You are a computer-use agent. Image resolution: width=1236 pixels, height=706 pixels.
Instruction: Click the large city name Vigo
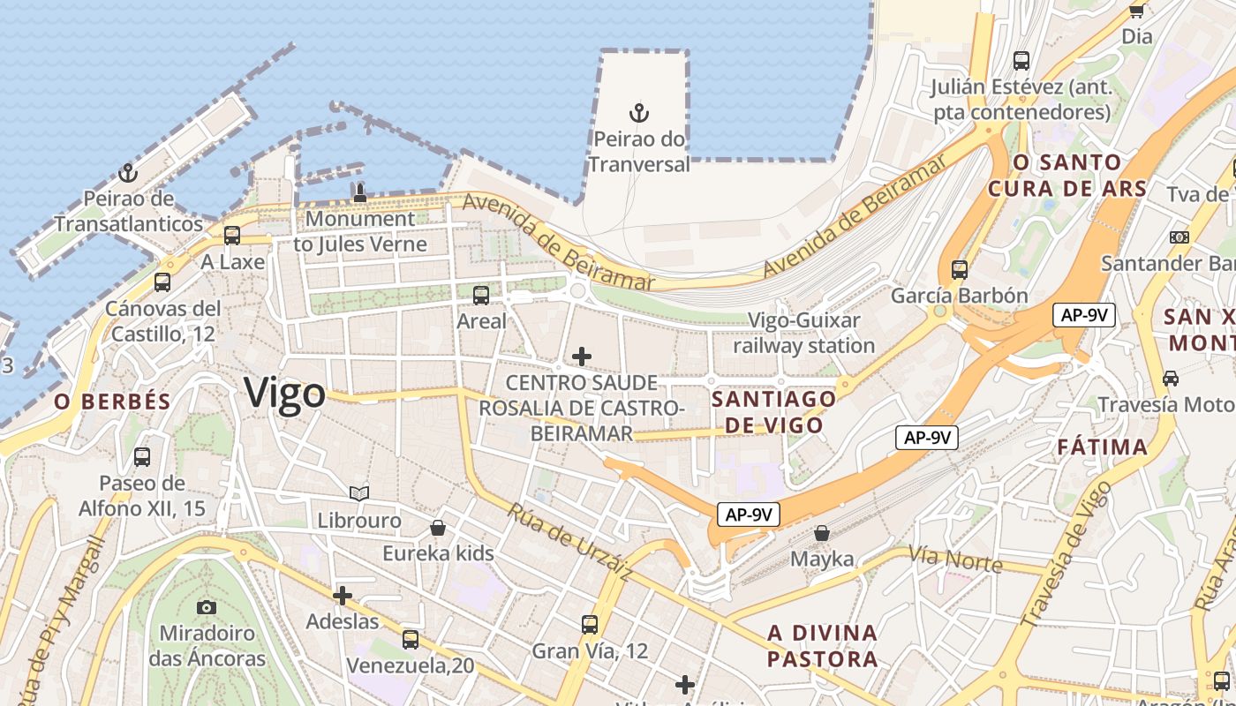point(285,393)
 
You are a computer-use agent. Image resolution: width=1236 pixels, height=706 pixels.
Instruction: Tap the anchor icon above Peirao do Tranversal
point(638,113)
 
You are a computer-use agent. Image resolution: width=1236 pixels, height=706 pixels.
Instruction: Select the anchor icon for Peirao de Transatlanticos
point(128,172)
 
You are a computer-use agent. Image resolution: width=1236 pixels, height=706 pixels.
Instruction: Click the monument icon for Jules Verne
point(359,192)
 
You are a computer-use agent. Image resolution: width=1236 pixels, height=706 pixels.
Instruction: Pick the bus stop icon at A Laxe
point(232,236)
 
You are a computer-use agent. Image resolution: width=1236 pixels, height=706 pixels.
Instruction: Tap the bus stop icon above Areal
point(481,296)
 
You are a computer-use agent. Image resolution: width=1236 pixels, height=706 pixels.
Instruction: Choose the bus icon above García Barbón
point(960,270)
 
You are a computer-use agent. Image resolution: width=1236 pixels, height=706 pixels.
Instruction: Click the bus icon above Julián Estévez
point(1021,61)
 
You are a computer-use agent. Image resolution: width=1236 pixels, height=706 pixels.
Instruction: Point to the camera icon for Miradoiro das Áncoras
point(206,607)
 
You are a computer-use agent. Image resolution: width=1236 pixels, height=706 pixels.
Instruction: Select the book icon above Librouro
point(358,493)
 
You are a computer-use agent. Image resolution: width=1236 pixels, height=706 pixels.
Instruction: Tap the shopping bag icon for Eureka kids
point(437,529)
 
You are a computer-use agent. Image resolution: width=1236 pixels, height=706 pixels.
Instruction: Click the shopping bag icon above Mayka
point(822,533)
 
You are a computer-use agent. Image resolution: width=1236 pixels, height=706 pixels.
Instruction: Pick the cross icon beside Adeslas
point(343,596)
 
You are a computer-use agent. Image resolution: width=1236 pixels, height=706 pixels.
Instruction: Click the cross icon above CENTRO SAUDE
point(581,357)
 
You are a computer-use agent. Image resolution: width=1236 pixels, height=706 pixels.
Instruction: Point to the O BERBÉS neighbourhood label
point(112,402)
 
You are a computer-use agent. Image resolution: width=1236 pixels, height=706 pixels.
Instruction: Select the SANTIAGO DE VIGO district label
point(773,411)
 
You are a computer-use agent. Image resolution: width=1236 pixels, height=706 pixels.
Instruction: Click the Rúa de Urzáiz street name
point(570,542)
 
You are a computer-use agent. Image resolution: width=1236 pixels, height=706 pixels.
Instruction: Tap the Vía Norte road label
point(955,560)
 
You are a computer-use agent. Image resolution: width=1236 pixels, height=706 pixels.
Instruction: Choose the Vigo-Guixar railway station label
point(803,333)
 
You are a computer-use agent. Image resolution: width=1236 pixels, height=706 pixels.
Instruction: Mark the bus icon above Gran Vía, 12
point(590,625)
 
